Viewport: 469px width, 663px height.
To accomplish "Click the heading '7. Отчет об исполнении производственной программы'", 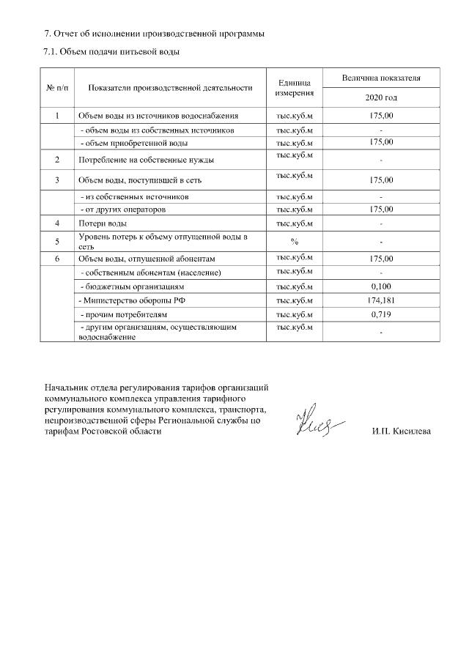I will [x=155, y=34].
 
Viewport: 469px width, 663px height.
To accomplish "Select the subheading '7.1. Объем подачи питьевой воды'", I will [x=112, y=52].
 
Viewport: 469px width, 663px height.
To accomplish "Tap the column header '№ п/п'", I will [x=58, y=87].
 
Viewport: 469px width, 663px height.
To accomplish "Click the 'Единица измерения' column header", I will [x=295, y=87].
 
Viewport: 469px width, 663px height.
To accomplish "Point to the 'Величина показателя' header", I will [x=380, y=77].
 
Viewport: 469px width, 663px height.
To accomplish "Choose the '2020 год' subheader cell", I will [x=380, y=97].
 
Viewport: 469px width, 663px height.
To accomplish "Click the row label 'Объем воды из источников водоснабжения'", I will [x=158, y=116].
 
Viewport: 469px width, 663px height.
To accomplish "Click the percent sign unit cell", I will [x=295, y=240].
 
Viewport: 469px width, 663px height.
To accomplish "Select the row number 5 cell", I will [x=57, y=240].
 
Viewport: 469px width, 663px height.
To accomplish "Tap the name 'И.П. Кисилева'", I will [x=402, y=431].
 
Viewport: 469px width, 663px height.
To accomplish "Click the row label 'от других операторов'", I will [x=123, y=210].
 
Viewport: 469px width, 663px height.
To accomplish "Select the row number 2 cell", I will [x=57, y=159].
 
